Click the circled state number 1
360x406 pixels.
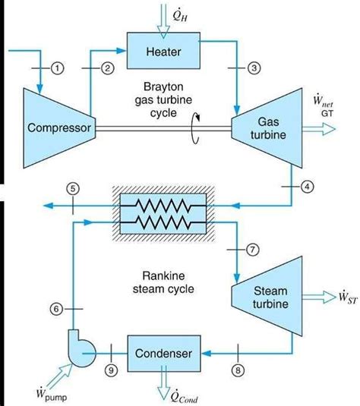[57, 68]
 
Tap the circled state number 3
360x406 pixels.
[254, 68]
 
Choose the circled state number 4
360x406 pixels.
[306, 185]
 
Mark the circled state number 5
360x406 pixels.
[72, 189]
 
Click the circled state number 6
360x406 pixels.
[55, 308]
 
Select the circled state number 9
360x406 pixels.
[112, 371]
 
